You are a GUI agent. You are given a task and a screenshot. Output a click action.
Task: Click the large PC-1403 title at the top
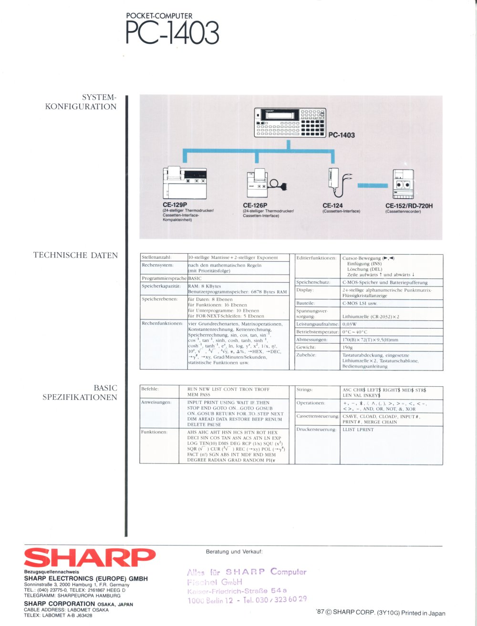[x=172, y=33]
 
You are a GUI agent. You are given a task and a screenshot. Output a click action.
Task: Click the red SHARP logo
[x=90, y=557]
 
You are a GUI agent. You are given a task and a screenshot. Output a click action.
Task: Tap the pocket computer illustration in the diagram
[x=290, y=122]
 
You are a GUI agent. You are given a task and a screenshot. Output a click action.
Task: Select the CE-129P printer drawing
[x=185, y=183]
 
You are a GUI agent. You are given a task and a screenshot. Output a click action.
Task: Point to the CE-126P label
[x=255, y=205]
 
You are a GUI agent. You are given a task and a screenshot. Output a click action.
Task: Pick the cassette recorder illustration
[x=403, y=184]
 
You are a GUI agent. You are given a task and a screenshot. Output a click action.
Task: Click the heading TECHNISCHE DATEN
[x=75, y=255]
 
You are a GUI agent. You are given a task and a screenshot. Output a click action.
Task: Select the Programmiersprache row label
[x=164, y=278]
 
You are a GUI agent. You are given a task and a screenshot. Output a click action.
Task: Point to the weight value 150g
[x=348, y=348]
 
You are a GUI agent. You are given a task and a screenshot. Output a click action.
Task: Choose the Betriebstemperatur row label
[x=317, y=332]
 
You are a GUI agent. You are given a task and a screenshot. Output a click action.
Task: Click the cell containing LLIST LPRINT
[x=358, y=430]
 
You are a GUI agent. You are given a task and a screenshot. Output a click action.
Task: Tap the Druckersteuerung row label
[x=316, y=430]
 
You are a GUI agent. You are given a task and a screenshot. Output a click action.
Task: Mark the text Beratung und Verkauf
[x=234, y=552]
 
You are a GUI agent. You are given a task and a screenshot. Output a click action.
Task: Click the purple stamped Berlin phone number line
[x=247, y=600]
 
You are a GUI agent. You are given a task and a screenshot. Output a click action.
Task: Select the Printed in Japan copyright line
[x=380, y=613]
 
